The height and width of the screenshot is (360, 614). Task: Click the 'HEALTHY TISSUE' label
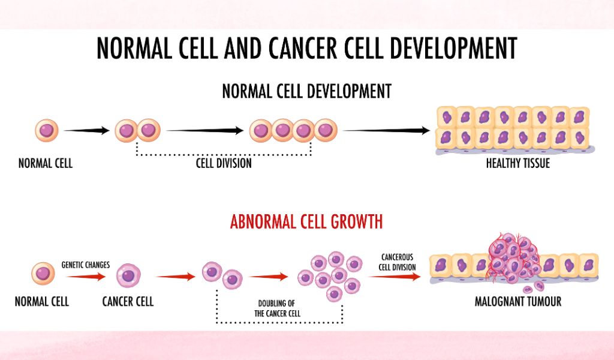[517, 163]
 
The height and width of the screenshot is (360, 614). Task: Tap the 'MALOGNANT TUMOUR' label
[518, 301]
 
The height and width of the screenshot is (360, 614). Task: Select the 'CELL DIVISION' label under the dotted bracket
[224, 163]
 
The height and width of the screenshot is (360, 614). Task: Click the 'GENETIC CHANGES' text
[85, 265]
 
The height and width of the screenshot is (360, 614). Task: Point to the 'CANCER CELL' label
[128, 301]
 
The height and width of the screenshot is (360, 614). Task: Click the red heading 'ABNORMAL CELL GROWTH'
[306, 222]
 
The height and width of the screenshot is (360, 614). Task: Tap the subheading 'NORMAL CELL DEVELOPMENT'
[306, 91]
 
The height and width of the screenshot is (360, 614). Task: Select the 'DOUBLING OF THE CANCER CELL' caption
[277, 308]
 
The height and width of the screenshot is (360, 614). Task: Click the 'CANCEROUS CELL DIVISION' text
[397, 262]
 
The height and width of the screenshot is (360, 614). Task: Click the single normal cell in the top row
[47, 130]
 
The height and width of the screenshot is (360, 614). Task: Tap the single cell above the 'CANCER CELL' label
[128, 275]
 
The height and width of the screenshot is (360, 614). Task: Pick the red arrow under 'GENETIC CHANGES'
[86, 277]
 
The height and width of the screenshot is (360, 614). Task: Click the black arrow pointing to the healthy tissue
[387, 130]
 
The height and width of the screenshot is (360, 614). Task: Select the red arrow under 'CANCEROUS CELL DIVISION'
[395, 277]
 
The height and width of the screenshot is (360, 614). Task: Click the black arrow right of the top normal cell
[86, 130]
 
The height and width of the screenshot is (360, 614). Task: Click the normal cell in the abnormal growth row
[43, 274]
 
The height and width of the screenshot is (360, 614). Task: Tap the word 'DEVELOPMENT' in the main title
[454, 48]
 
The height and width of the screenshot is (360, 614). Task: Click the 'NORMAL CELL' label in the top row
[46, 163]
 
